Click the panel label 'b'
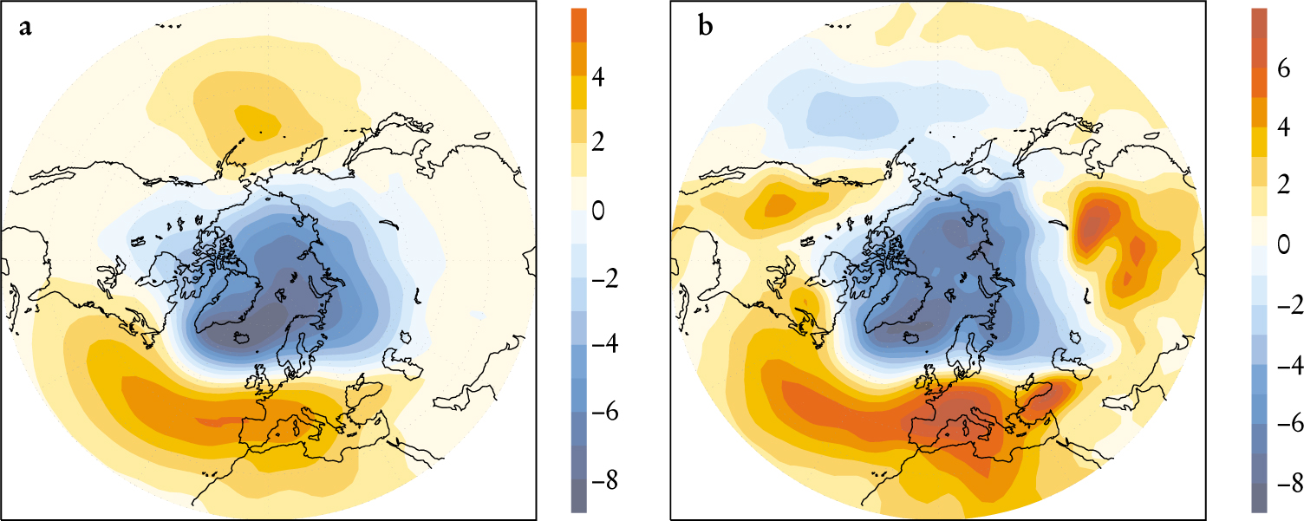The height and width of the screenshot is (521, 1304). coord(706,28)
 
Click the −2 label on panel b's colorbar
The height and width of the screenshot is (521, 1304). coord(1282,309)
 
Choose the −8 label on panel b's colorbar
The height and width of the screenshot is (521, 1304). coord(1282,483)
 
